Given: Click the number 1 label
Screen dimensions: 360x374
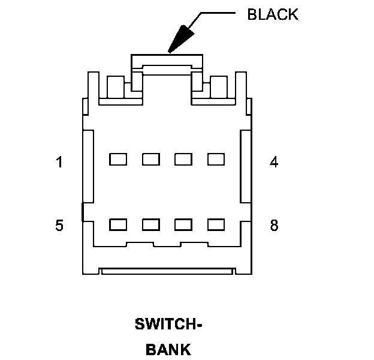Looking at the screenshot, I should pos(59,162).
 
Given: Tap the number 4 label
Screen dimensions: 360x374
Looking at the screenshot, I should pos(274,162).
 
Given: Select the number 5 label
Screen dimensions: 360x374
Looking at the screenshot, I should pos(59,226).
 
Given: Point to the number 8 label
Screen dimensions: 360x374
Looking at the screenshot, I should pos(274,226).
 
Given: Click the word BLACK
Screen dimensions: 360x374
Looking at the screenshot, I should pos(272,15).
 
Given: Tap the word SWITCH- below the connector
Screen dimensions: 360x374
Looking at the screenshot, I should pos(168,325).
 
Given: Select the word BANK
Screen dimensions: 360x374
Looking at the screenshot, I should pos(168,349).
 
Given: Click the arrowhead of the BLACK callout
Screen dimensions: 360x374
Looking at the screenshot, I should pos(177,42).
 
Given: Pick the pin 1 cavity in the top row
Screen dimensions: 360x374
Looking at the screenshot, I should pos(118,159).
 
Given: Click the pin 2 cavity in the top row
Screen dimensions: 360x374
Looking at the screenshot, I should pos(150,159).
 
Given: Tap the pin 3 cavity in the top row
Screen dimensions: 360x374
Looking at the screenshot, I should pos(183,159).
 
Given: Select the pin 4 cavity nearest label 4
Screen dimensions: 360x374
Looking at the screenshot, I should pos(215,159).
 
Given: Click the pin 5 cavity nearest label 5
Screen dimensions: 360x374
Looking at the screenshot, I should pos(118,224).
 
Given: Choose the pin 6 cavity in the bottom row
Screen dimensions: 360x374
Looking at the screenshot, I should pos(150,224).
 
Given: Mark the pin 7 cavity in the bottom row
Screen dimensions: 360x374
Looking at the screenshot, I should pos(183,224).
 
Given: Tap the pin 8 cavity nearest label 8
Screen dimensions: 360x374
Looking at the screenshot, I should pos(215,224).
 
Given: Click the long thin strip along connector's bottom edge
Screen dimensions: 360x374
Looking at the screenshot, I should pos(167,272).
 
